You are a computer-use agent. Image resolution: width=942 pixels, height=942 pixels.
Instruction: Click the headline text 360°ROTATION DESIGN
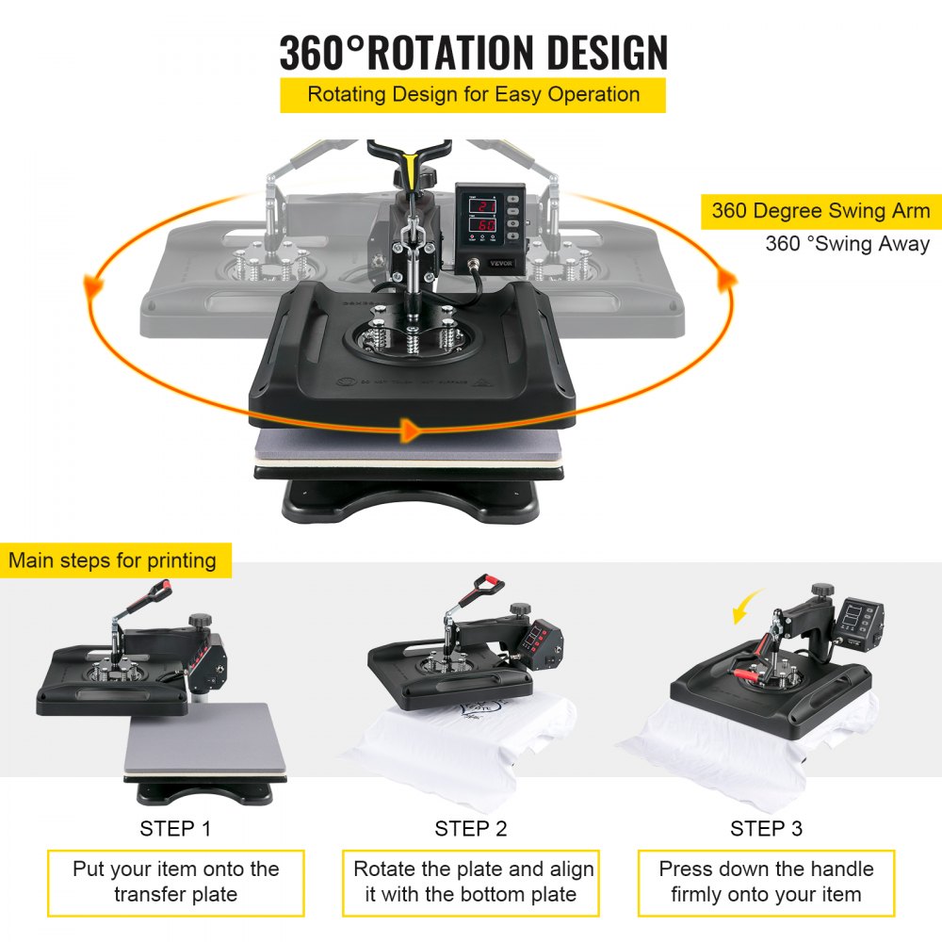pyautogui.click(x=474, y=53)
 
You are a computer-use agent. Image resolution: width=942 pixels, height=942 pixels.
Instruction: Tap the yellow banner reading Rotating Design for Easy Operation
pyautogui.click(x=473, y=94)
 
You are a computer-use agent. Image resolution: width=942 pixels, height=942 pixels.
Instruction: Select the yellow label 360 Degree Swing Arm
pyautogui.click(x=820, y=211)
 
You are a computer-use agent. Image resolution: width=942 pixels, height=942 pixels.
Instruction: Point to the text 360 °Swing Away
pyautogui.click(x=847, y=244)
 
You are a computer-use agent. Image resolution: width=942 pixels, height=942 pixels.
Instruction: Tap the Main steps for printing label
pyautogui.click(x=113, y=560)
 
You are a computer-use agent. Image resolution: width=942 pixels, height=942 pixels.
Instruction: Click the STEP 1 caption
pyautogui.click(x=175, y=829)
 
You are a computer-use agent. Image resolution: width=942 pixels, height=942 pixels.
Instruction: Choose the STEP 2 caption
pyautogui.click(x=471, y=829)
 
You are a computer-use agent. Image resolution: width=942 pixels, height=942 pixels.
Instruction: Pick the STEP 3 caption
pyautogui.click(x=767, y=829)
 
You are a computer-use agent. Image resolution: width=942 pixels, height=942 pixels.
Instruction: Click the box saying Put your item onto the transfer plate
pyautogui.click(x=176, y=882)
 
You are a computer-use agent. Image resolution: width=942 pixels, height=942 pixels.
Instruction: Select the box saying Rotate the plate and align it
pyautogui.click(x=472, y=882)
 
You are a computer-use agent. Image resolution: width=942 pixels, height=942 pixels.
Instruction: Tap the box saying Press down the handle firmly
pyautogui.click(x=766, y=882)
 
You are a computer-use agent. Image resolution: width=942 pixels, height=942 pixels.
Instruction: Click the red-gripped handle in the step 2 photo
pyautogui.click(x=489, y=583)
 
